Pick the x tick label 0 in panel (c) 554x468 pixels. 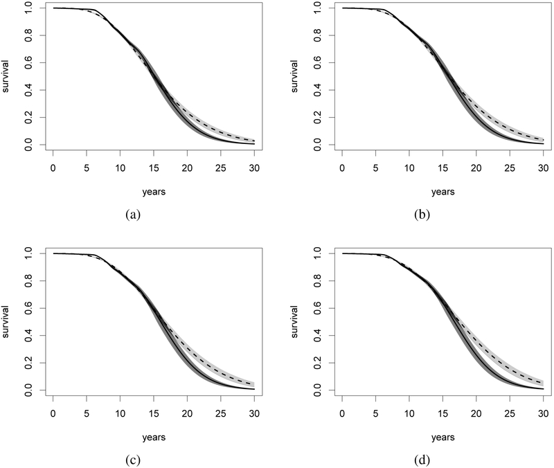tap(53, 413)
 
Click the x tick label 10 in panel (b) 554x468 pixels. tap(409, 168)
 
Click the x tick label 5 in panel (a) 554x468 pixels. tap(87, 168)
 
